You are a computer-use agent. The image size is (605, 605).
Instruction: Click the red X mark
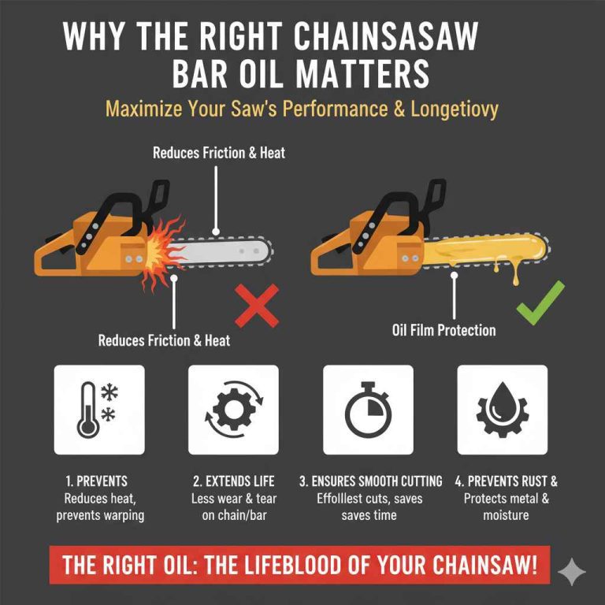click(x=256, y=306)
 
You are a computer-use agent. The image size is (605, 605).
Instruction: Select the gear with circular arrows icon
click(x=233, y=410)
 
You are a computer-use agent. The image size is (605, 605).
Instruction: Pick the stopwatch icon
click(x=368, y=410)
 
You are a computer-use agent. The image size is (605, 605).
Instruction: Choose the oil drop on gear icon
click(x=502, y=410)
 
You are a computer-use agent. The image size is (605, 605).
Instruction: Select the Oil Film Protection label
click(x=444, y=330)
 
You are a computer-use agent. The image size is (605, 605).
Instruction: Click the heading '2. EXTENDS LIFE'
click(x=232, y=481)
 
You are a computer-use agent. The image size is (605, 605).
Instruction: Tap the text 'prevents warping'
click(x=99, y=515)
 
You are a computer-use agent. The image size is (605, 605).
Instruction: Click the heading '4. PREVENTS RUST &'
click(x=506, y=481)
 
